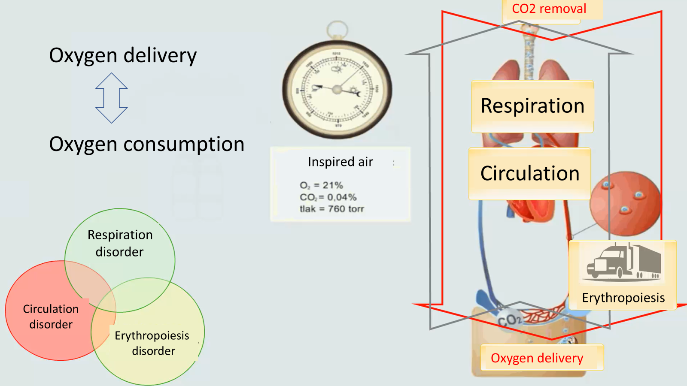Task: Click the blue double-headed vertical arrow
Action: tap(112, 98)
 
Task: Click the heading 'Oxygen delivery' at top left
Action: tap(123, 55)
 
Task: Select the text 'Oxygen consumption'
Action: tap(146, 144)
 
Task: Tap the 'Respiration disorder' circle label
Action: tap(120, 243)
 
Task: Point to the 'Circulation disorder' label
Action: tap(51, 317)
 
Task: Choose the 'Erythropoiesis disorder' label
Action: tap(152, 343)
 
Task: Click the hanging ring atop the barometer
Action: tap(337, 30)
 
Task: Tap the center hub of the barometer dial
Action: tap(337, 90)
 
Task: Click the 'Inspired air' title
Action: tap(340, 162)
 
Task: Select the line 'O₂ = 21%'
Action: tap(321, 185)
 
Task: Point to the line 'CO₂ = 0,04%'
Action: tap(328, 197)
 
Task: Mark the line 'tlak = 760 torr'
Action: tap(331, 209)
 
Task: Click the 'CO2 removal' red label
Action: tap(549, 9)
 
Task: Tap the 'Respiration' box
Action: tap(532, 106)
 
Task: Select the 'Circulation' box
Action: tap(530, 173)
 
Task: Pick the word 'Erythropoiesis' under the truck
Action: tap(623, 298)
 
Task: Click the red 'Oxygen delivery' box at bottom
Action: tap(537, 358)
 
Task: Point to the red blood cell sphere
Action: tap(625, 204)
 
